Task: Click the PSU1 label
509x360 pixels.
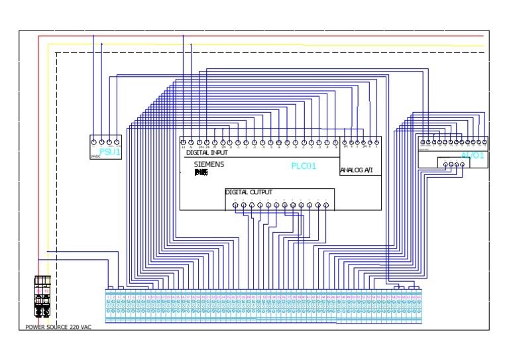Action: point(111,152)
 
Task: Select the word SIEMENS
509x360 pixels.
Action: point(209,164)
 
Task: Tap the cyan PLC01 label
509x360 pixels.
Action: point(304,166)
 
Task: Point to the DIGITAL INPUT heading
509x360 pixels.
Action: point(207,152)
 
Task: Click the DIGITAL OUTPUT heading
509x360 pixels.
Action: point(249,192)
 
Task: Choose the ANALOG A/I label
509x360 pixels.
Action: point(357,170)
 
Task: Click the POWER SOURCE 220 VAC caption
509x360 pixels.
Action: point(58,327)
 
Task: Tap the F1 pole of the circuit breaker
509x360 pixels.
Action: point(39,292)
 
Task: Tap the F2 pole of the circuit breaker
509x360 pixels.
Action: point(46,292)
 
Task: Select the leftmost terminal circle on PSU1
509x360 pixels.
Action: point(93,142)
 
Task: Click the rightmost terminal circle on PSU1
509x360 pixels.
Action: point(117,142)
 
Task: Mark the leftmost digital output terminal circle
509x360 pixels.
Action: point(236,205)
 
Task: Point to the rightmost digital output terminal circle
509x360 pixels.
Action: point(325,205)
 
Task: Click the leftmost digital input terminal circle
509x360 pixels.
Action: point(184,142)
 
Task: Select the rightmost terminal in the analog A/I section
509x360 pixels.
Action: point(376,142)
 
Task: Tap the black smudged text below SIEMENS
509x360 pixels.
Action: point(201,172)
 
